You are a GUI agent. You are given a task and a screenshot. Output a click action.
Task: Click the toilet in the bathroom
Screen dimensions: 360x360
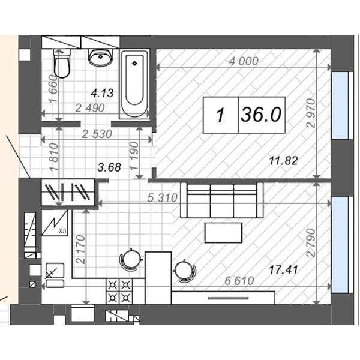pyautogui.click(x=62, y=64)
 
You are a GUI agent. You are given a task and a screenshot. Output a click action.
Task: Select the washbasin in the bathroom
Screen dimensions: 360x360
pyautogui.click(x=101, y=58)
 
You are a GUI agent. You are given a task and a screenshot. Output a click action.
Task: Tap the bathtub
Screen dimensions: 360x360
pyautogui.click(x=134, y=84)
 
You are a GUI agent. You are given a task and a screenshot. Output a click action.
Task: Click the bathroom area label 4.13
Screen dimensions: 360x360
pyautogui.click(x=102, y=93)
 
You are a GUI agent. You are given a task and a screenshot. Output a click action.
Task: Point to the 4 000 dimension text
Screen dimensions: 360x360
pyautogui.click(x=244, y=61)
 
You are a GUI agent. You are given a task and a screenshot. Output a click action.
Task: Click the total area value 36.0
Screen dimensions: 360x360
pyautogui.click(x=261, y=115)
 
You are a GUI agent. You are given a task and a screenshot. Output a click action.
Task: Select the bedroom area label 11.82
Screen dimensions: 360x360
pyautogui.click(x=284, y=161)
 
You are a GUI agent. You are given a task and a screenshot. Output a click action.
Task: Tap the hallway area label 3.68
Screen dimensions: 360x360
pyautogui.click(x=109, y=167)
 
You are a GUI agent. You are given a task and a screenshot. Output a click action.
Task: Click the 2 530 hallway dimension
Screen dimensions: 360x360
pyautogui.click(x=97, y=134)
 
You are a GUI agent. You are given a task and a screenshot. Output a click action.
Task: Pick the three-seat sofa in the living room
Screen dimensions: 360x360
pyautogui.click(x=222, y=200)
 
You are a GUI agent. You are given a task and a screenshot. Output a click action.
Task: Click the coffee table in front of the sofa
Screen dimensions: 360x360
pyautogui.click(x=223, y=233)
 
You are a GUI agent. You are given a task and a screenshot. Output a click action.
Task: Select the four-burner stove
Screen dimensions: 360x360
pyautogui.click(x=119, y=292)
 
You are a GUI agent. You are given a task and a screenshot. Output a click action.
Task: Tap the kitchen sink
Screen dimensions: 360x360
pyautogui.click(x=55, y=271)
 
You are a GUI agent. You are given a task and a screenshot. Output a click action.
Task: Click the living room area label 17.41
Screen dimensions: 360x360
pyautogui.click(x=283, y=270)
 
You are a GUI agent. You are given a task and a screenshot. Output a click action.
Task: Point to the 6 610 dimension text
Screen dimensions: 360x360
pyautogui.click(x=239, y=281)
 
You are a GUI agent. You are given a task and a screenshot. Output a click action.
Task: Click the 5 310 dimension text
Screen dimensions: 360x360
pyautogui.click(x=163, y=197)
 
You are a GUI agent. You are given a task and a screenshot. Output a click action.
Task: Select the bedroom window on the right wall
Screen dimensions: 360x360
pyautogui.click(x=340, y=106)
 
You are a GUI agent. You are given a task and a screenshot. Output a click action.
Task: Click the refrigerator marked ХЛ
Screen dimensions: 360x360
pyautogui.click(x=55, y=223)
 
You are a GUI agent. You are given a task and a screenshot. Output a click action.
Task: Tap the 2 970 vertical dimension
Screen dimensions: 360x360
pyautogui.click(x=312, y=113)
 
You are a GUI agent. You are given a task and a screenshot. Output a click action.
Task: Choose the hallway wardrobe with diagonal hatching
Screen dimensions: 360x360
pyautogui.click(x=68, y=192)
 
